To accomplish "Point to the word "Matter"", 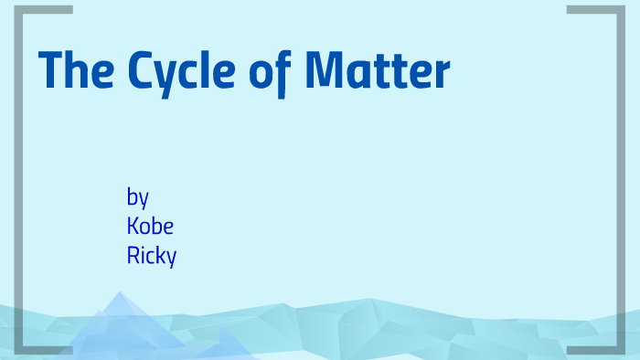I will [377, 71].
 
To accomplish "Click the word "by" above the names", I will [137, 197].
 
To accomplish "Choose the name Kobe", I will [149, 226].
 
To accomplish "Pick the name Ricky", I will [151, 256].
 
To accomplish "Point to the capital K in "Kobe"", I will [133, 226].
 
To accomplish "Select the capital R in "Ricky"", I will [133, 255].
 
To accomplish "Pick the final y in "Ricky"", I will [170, 258].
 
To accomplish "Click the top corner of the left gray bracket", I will [21, 10].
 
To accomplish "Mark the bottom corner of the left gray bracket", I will [21, 348].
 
